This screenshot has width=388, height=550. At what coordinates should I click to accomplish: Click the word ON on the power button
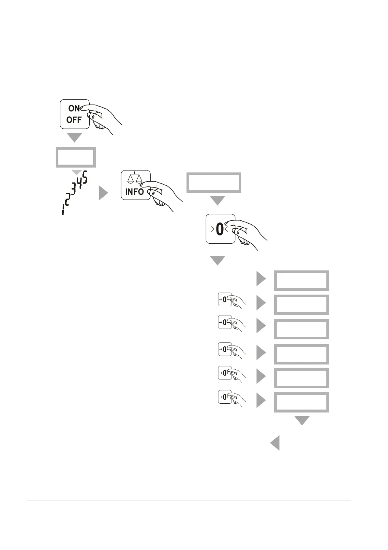pos(74,108)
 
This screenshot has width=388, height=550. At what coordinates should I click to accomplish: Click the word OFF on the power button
pos(74,120)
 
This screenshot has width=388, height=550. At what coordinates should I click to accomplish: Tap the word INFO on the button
pos(134,191)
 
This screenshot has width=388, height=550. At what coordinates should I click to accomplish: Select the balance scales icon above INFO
pos(135,178)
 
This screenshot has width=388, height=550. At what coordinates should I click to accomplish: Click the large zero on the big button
pos(220,230)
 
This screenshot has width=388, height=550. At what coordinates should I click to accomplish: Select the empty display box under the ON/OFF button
pos(76,157)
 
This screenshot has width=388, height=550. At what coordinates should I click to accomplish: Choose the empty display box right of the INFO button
pos(214,182)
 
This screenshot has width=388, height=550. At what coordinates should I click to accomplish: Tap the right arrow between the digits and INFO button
pos(103,193)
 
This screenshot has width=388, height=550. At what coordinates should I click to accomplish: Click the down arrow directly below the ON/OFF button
pos(74,137)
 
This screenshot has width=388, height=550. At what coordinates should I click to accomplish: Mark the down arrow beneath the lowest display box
pos(302,420)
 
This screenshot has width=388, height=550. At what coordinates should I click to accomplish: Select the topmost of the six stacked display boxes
pos(301,280)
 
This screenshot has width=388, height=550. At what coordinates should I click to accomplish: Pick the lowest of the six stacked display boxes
pos(301,402)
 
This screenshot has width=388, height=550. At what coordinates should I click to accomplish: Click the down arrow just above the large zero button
pos(217,200)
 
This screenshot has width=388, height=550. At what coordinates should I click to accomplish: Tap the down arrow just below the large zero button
pos(217,260)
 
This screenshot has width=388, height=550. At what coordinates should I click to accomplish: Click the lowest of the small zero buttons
pos(225,397)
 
